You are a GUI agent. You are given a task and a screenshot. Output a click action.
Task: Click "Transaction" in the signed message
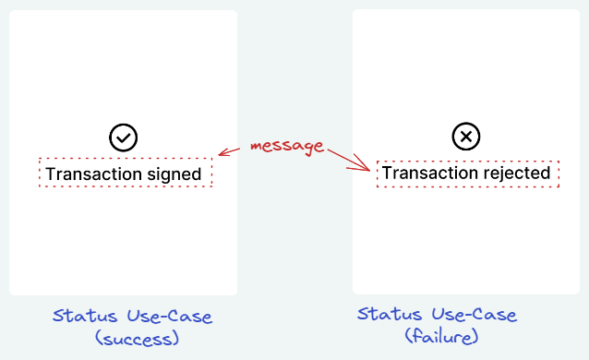94,174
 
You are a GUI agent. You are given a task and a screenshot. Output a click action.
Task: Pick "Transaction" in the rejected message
430,173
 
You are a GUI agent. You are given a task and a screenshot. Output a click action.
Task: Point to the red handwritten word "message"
287,146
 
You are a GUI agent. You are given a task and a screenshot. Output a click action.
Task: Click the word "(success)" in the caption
138,338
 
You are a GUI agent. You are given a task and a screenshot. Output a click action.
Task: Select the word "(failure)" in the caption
441,336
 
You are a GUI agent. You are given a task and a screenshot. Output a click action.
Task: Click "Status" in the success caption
85,316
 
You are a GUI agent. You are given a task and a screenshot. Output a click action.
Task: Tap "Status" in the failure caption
390,314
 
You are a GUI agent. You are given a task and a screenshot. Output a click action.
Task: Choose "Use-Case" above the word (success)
170,316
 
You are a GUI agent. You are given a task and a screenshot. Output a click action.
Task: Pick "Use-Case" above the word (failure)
474,315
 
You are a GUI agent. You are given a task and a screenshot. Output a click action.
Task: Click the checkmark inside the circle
123,138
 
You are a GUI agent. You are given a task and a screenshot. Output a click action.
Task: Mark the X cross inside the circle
466,137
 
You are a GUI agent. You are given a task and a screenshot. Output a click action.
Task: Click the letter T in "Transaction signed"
51,174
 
